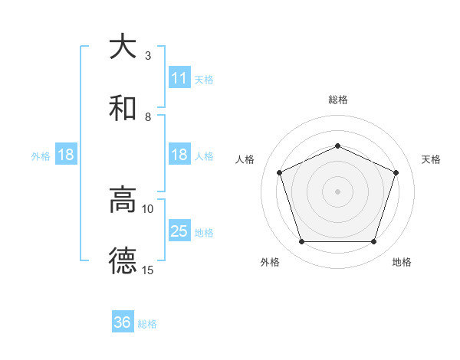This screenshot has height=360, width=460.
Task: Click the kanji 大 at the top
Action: pos(123,47)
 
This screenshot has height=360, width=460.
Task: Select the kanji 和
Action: pos(123,108)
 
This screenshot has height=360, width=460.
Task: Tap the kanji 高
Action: pos(123,200)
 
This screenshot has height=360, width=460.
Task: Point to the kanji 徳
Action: pos(123,261)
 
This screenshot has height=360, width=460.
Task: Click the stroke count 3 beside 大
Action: pos(148,55)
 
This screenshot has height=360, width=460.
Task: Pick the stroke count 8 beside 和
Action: pos(148,116)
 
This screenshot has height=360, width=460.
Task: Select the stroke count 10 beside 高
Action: pos(148,208)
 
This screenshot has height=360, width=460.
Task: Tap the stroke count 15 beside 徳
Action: pos(148,270)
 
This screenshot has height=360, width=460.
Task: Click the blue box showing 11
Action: pos(179,78)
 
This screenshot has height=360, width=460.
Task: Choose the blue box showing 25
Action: pos(179,231)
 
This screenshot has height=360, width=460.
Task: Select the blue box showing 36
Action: pos(123,322)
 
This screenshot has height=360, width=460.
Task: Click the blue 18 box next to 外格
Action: pos(66,155)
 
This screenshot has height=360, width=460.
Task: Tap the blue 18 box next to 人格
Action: pos(179,155)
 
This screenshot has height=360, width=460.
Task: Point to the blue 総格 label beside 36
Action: pos(147,324)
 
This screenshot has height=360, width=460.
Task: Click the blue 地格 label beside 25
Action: pos(204,232)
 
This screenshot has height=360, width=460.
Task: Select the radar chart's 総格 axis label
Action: pos(337,100)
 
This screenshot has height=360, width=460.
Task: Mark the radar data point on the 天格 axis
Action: pos(396,172)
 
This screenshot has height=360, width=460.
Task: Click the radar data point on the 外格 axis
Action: pos(301,242)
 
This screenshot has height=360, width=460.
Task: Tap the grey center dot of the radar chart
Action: pos(337,191)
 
